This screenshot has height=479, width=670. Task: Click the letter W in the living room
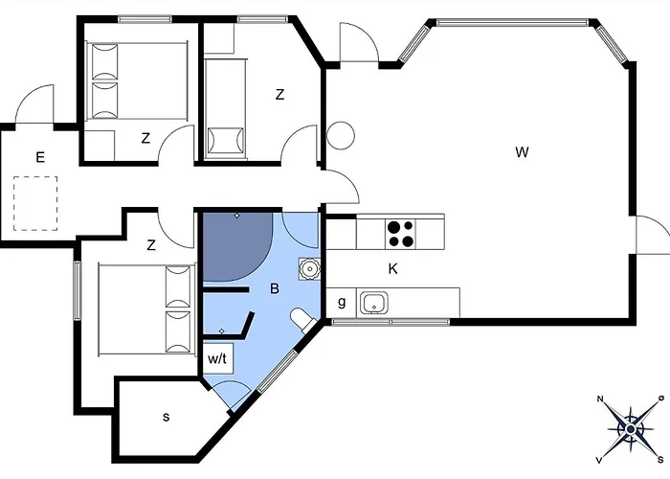click(x=522, y=151)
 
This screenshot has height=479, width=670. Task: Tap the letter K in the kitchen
click(x=392, y=269)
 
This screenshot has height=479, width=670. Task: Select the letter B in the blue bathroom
click(x=275, y=288)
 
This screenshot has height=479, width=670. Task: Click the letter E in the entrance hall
click(x=40, y=157)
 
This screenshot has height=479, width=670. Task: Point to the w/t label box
click(x=218, y=358)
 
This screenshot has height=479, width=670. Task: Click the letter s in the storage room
click(x=167, y=417)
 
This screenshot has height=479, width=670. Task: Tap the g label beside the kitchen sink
click(x=342, y=302)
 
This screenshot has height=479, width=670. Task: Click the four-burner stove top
click(x=400, y=234)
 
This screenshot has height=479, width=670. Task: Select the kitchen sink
click(x=374, y=304)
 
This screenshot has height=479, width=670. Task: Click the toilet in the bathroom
click(x=303, y=320)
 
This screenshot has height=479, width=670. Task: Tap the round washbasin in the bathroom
click(x=309, y=269)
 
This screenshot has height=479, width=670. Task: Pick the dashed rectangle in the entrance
click(x=35, y=203)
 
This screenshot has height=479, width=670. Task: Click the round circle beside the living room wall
click(x=341, y=136)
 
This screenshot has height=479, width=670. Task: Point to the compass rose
click(x=631, y=429)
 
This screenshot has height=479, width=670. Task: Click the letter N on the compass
click(x=600, y=399)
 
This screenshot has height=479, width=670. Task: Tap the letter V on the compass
click(x=600, y=460)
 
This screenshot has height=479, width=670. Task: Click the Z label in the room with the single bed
click(x=279, y=95)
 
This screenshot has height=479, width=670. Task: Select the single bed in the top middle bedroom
click(x=226, y=105)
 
